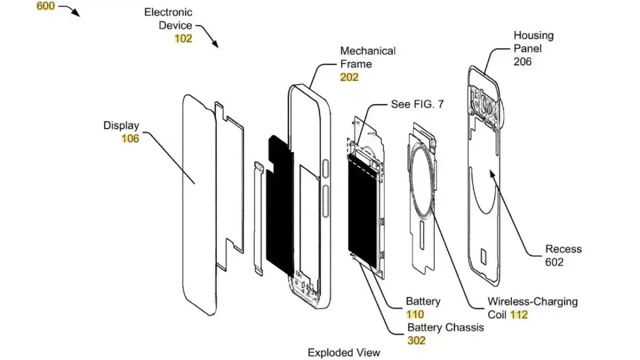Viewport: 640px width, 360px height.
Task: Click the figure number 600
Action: coord(45,7)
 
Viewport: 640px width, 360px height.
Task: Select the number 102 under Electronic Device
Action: coord(183,38)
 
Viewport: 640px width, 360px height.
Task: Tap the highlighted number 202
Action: coord(349,77)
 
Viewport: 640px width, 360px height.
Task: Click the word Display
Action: coord(121,126)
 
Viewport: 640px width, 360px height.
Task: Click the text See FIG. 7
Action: coord(417,105)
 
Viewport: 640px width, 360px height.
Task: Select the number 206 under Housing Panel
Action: coord(523,61)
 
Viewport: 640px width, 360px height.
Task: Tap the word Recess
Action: coord(563,249)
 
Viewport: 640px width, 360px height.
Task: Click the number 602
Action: coord(554,262)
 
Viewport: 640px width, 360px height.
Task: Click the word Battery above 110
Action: coord(423,301)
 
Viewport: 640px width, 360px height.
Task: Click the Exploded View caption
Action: coord(344,353)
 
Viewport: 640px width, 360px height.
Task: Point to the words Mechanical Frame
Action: coord(368,57)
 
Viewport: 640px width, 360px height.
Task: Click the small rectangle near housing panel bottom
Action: coord(484,255)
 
